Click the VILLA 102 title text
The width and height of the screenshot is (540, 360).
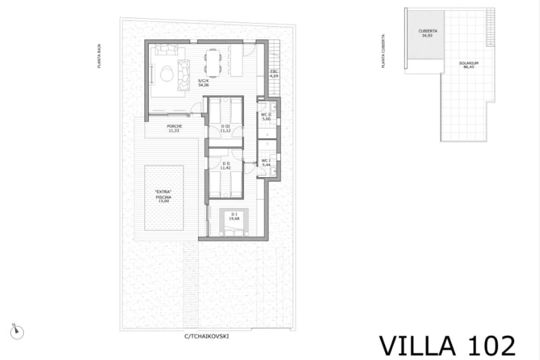point(447,346)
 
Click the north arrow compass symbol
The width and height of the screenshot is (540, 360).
point(17,331)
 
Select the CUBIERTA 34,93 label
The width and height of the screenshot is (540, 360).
point(428,33)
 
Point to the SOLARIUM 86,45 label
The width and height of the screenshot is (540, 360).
point(468,65)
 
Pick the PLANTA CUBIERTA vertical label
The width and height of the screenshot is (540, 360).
point(383,51)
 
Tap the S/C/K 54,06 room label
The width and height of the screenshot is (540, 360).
point(204,82)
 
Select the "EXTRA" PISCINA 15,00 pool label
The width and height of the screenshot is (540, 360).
point(164,197)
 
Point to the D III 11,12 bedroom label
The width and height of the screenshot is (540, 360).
point(225,128)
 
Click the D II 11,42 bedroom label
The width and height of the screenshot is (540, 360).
point(225,165)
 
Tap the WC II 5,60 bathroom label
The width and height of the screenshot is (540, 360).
point(266,117)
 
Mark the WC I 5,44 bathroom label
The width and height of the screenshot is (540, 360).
point(266,162)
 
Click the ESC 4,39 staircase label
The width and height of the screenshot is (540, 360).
point(274,74)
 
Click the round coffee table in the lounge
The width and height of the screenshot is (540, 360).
point(166,73)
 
